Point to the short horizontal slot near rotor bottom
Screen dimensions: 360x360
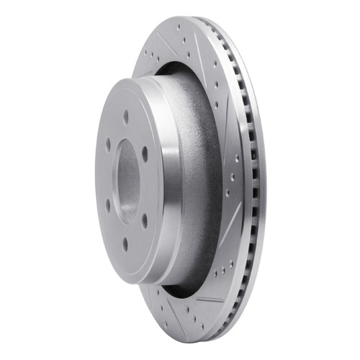[209, 299]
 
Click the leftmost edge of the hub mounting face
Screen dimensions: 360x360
[96, 180]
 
